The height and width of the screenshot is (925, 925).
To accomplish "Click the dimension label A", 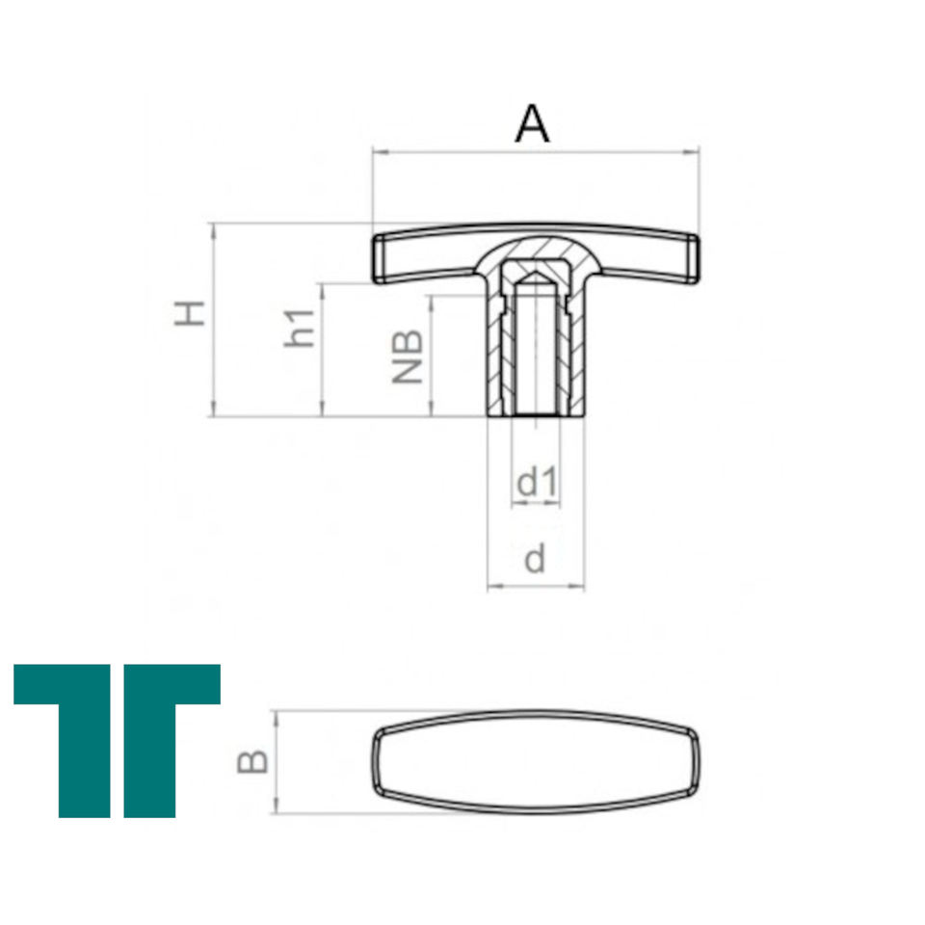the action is click(x=532, y=123).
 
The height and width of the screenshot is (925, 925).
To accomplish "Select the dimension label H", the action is click(x=190, y=313).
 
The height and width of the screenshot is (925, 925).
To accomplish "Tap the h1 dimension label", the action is click(x=300, y=328).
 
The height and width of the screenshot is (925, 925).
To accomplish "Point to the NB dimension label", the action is click(x=408, y=357).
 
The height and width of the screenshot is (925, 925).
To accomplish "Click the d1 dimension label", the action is click(x=537, y=482).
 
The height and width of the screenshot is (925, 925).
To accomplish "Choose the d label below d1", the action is click(x=535, y=559).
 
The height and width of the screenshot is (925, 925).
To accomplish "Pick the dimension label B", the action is click(x=252, y=761).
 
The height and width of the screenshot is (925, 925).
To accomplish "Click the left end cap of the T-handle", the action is click(x=380, y=258).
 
